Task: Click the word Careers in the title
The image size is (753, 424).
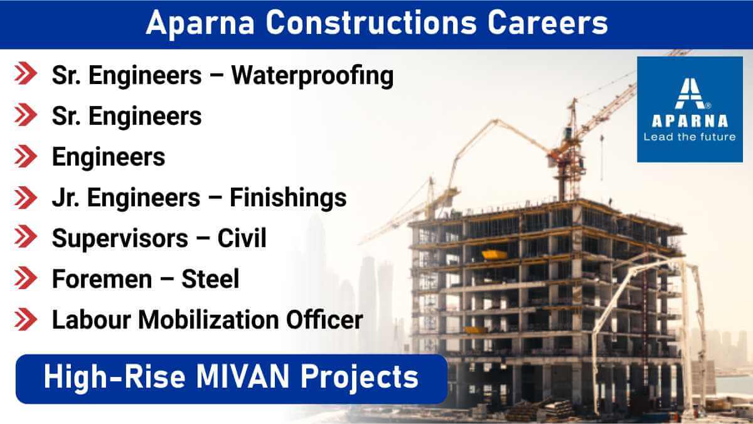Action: pos(548,23)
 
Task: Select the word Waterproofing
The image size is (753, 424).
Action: pos(312,77)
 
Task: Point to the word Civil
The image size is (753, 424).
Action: pos(242,238)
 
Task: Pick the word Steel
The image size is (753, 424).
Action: pos(210,279)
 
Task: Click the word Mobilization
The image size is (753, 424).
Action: pos(208,319)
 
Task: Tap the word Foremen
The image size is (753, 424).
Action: pos(102,279)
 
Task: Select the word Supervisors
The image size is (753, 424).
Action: pos(120,239)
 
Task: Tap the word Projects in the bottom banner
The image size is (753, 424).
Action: pos(359,378)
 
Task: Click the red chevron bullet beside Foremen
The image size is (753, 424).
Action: pos(26,278)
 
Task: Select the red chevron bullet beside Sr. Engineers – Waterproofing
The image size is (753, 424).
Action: pos(26,73)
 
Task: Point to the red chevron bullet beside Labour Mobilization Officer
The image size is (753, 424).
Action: pos(26,319)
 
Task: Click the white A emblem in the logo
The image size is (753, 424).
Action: pos(690,93)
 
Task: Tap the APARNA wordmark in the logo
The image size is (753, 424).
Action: pos(690,121)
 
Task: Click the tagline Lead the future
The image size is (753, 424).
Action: pos(690,137)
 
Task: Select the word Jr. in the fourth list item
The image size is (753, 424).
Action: pos(65,198)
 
